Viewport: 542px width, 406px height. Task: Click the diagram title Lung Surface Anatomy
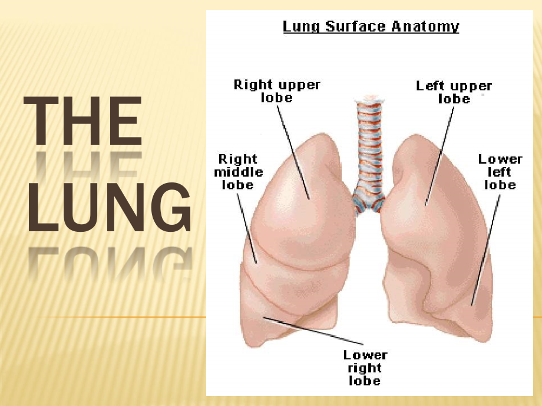click(371, 27)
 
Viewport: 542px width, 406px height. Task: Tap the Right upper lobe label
click(277, 91)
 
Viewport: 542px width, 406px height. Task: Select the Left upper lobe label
click(454, 92)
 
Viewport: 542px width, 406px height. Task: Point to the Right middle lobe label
click(239, 172)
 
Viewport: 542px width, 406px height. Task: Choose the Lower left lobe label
click(500, 172)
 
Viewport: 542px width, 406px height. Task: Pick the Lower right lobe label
click(365, 368)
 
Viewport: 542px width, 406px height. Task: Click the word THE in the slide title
click(83, 121)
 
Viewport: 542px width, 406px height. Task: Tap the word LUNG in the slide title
click(109, 207)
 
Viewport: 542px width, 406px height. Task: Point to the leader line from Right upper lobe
click(293, 152)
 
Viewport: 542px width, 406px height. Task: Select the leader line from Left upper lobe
click(439, 157)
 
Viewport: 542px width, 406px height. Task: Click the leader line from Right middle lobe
click(247, 228)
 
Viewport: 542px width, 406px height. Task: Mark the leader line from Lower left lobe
click(485, 250)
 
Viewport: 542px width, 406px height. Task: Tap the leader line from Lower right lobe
click(313, 331)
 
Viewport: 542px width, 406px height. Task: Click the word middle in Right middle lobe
click(239, 172)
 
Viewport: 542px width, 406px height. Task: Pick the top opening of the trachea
click(369, 99)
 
